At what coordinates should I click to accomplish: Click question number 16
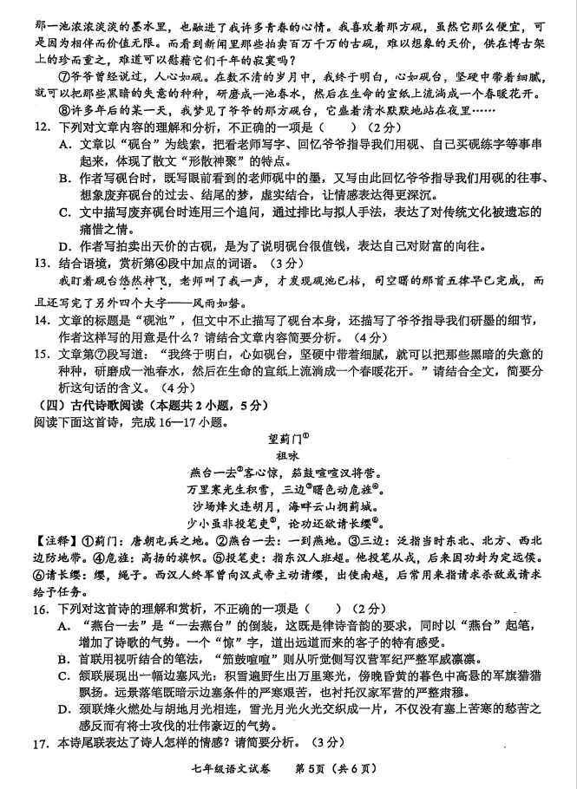(18, 609)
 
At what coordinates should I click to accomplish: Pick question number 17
(18, 742)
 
